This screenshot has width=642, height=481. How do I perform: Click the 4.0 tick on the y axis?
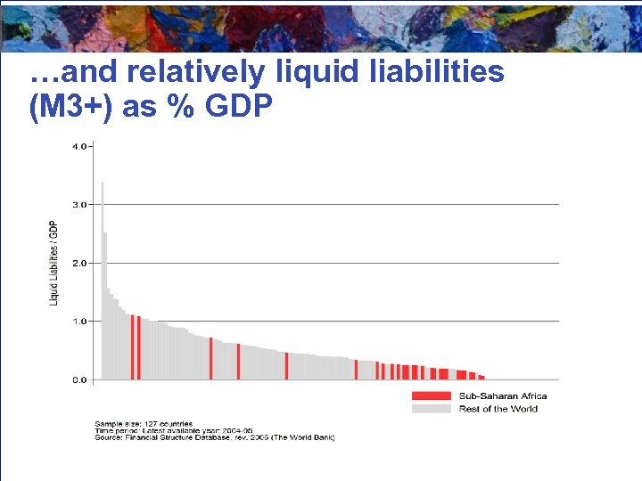79,146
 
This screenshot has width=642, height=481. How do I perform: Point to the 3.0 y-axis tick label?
79,205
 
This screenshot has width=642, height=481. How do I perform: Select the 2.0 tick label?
79,263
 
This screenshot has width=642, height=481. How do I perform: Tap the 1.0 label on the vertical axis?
79,321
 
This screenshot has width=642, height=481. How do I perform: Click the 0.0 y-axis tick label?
79,379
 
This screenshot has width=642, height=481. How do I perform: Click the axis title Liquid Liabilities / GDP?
53,263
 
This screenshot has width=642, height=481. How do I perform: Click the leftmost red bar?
132,347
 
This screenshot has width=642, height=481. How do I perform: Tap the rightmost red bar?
481,377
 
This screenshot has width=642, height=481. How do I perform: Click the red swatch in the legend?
431,395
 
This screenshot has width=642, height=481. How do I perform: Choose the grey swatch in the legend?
431,409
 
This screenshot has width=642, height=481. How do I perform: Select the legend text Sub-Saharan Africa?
502,395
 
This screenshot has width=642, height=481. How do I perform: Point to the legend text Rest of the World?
498,409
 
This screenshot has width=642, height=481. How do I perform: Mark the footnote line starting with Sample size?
144,423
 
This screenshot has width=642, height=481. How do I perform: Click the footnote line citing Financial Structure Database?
214,437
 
